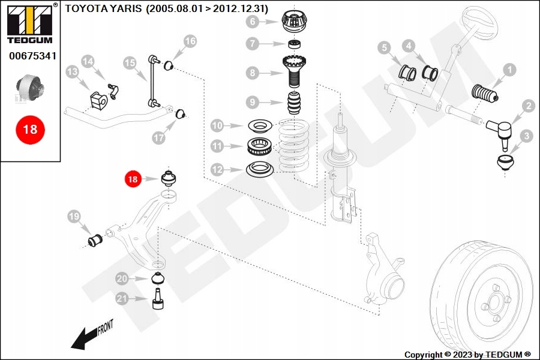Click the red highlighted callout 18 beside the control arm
tap(132, 178)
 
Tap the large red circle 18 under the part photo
tap(29, 128)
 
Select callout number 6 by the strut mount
tap(253, 22)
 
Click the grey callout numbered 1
tap(508, 70)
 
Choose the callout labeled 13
tap(72, 72)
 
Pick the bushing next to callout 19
tap(95, 241)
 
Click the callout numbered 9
tap(253, 101)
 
